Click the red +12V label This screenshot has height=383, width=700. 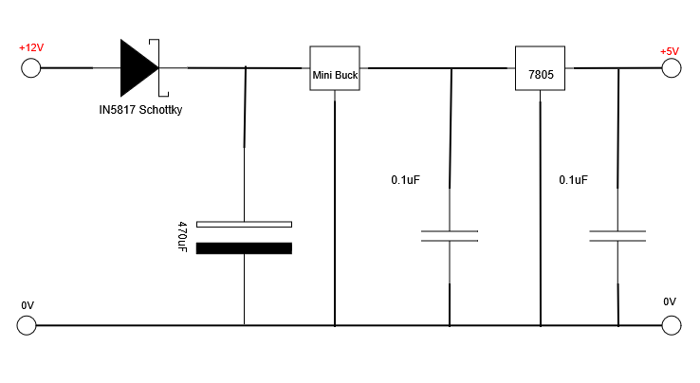point(31,47)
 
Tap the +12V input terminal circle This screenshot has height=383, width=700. point(30,68)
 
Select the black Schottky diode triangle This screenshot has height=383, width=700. point(139,68)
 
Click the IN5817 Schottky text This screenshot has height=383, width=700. point(140,110)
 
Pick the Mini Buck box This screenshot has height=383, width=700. point(335,68)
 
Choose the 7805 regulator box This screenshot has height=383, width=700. point(541,68)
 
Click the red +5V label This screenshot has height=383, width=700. point(670,51)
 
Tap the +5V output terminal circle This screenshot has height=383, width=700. point(672,68)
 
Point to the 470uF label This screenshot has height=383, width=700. point(182,237)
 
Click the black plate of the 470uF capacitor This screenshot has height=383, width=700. point(244,248)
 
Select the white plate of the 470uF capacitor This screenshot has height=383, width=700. point(244,224)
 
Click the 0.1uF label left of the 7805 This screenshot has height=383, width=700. point(405,180)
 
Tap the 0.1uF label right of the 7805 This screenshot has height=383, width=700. point(573,180)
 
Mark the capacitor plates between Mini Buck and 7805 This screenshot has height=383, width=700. point(450,236)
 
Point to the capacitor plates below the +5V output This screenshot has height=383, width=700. point(617,236)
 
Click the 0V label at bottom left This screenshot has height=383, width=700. point(28,305)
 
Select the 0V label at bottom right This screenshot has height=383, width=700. point(670,301)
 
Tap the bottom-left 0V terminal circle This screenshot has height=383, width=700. point(27,325)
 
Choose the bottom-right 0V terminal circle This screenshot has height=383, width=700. point(672,325)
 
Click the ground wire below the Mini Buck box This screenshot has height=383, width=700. point(335,208)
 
